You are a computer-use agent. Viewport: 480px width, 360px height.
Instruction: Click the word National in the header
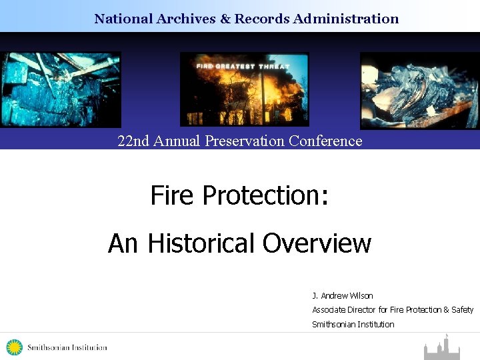123,19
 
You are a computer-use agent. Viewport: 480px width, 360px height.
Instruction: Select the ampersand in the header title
224,19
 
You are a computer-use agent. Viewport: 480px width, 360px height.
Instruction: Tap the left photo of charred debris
61,89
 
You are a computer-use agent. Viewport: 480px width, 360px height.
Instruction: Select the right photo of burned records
419,91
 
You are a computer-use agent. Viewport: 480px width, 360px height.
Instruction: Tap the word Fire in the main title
172,195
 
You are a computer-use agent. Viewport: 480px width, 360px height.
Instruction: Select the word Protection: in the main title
265,195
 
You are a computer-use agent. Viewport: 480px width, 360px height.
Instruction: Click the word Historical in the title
202,243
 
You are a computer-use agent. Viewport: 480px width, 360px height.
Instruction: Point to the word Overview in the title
317,243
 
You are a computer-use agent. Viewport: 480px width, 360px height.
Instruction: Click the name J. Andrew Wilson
343,295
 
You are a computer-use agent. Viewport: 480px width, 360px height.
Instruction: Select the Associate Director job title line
393,309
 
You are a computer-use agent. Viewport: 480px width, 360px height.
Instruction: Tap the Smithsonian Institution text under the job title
353,324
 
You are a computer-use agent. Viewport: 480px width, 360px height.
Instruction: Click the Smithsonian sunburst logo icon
14,347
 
